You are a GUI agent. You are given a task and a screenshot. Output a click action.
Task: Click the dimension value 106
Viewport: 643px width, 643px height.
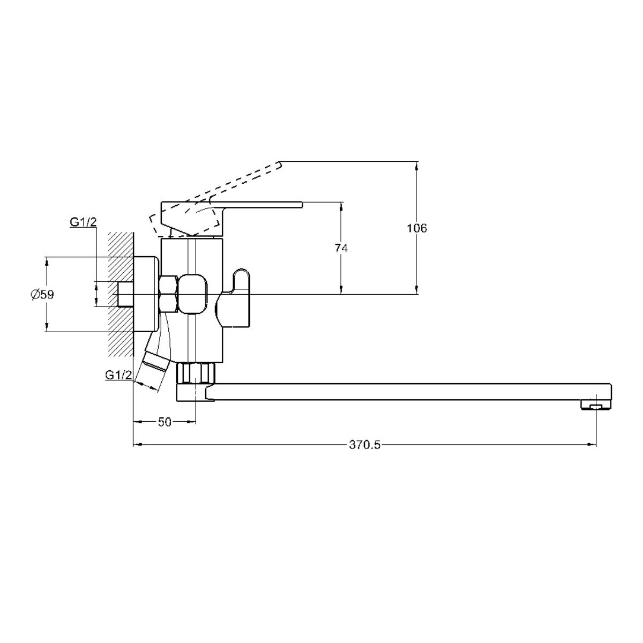click(x=417, y=229)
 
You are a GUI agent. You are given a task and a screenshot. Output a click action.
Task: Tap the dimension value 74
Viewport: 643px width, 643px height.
click(x=341, y=248)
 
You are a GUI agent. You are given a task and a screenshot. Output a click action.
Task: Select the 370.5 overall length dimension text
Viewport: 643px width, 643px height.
click(x=365, y=445)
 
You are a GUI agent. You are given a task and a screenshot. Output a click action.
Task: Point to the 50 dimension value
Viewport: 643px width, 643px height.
click(x=165, y=422)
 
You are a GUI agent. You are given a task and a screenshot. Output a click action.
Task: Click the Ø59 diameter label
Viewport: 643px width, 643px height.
click(x=42, y=295)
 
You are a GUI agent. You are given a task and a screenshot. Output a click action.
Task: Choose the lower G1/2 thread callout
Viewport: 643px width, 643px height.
click(x=118, y=375)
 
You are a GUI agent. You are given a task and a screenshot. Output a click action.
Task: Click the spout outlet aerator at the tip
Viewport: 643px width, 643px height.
click(x=596, y=406)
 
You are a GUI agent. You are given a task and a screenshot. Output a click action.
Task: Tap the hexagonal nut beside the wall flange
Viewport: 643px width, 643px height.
click(x=168, y=294)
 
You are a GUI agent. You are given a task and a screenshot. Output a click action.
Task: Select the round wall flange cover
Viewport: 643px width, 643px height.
click(x=146, y=294)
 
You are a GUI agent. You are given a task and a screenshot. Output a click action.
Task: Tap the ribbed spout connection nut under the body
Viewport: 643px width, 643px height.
click(x=195, y=373)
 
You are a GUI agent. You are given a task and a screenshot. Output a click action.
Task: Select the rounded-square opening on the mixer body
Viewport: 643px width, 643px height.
click(x=194, y=294)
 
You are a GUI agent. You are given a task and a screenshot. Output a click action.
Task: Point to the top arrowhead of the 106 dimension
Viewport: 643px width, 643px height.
click(x=416, y=166)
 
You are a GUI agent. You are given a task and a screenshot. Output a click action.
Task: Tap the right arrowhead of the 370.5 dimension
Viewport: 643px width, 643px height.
click(x=592, y=444)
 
